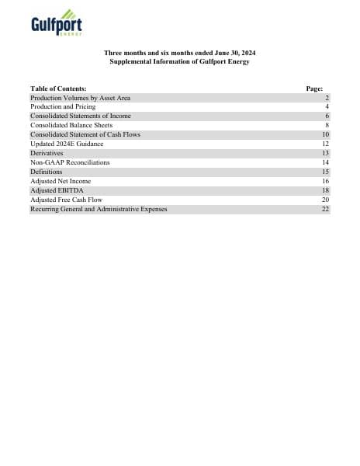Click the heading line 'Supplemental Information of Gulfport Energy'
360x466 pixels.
click(179, 61)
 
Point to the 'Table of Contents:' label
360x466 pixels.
click(58, 89)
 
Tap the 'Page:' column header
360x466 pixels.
click(315, 89)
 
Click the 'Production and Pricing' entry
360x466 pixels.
click(63, 107)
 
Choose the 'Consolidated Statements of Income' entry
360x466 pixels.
click(81, 116)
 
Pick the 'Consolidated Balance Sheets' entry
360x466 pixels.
click(71, 126)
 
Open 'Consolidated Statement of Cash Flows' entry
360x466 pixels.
click(85, 134)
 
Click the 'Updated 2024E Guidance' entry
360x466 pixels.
click(67, 144)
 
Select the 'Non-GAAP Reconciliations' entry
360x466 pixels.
click(70, 162)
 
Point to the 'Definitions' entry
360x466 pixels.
click(47, 172)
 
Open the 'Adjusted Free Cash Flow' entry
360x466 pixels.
click(66, 200)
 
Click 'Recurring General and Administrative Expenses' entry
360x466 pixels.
click(99, 209)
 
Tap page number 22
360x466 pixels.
click(326, 209)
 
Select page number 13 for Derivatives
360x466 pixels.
click(326, 153)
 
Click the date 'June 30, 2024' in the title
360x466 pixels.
click(234, 52)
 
